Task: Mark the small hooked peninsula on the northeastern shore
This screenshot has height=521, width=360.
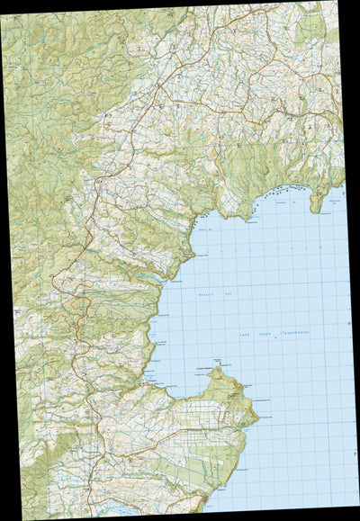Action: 316,202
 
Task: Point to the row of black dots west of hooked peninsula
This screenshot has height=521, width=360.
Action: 270,194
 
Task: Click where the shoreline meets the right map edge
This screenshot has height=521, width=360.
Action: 344,185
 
